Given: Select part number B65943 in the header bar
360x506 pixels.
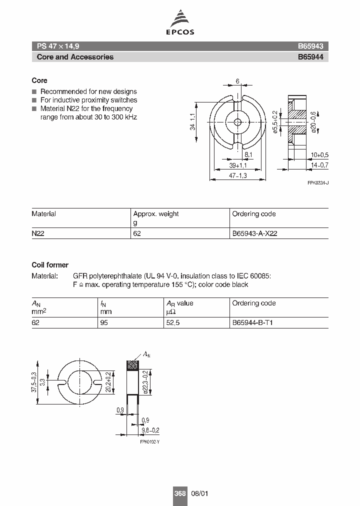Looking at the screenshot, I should [x=310, y=45].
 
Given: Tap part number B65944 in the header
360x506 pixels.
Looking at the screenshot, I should [x=310, y=57].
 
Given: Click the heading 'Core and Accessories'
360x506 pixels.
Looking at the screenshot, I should [x=75, y=57].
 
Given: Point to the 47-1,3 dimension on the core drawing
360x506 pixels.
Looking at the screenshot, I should [x=238, y=175].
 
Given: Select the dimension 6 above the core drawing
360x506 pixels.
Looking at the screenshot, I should [x=237, y=81].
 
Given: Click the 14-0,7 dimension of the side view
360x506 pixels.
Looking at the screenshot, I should [x=319, y=164].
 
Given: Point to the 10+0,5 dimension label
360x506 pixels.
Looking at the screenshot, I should [x=319, y=154].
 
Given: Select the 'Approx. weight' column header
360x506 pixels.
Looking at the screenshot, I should [x=155, y=214].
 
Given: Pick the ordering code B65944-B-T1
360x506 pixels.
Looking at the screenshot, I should [x=252, y=322].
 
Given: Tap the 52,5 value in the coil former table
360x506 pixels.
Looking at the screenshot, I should [x=173, y=322].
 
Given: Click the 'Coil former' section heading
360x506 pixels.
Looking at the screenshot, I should [x=50, y=265].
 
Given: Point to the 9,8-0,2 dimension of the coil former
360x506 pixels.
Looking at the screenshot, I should [x=149, y=430].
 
